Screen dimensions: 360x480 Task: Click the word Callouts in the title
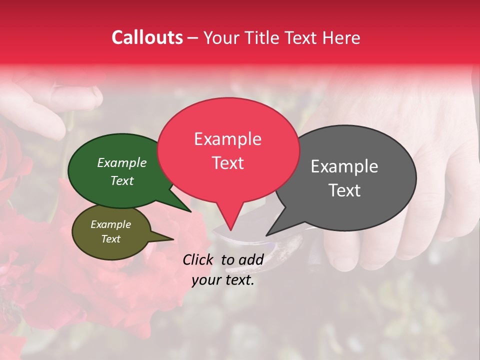coord(147,37)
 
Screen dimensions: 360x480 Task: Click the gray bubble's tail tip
coord(267,235)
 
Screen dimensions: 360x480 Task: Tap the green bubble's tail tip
coord(190,211)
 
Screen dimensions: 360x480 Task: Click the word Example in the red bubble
coord(227,138)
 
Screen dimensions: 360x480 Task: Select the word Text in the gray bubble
coord(345,190)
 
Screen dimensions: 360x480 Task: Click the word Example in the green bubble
coord(121,162)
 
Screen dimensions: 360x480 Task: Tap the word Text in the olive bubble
coord(110,239)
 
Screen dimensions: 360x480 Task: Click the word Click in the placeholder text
coord(198,259)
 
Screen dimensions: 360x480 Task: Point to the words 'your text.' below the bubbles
coord(223,280)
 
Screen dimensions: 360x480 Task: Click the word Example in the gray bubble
coord(344,166)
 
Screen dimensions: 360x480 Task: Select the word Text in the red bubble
coord(227,163)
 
